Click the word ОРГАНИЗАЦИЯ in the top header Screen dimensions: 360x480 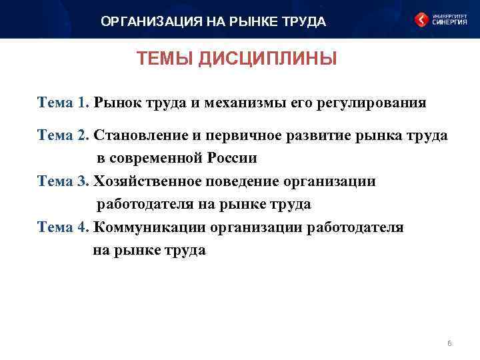141,22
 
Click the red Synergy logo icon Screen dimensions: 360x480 421,20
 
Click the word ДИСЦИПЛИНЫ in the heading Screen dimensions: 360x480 267,59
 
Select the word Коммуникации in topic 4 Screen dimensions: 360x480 149,227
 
